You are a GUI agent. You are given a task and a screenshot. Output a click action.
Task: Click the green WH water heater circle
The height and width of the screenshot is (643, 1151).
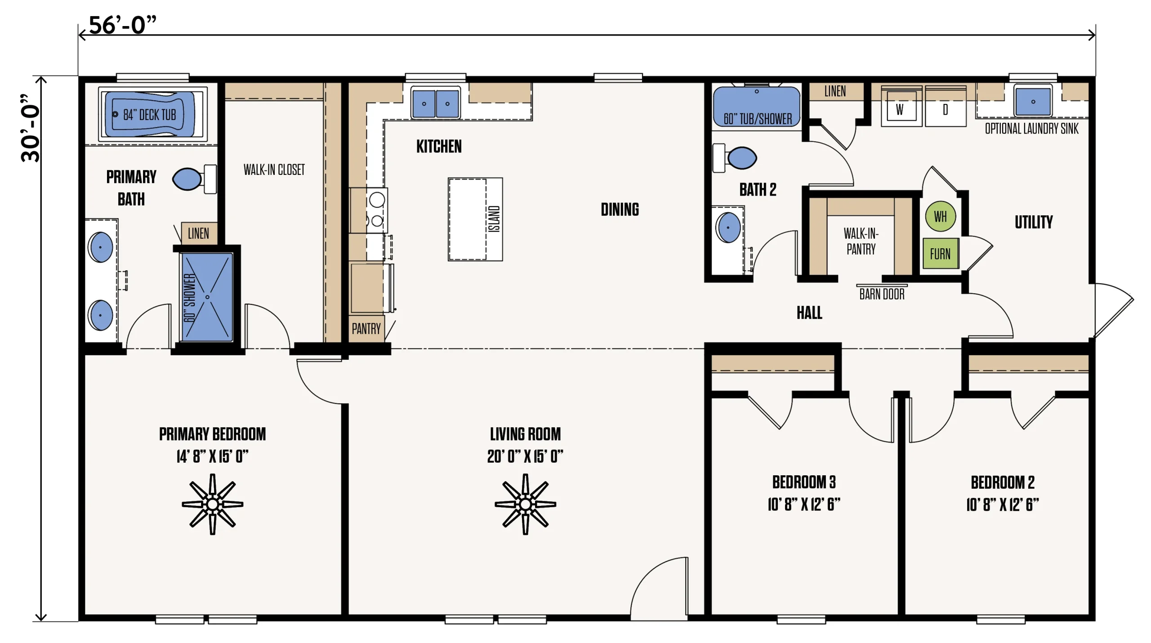point(940,216)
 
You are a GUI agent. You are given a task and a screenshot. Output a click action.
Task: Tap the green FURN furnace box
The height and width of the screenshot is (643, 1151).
point(941,254)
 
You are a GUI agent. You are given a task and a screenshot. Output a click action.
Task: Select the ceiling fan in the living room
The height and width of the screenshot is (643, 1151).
point(525,504)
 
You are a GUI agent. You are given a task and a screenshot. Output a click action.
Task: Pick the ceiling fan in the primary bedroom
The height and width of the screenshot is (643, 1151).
point(213,504)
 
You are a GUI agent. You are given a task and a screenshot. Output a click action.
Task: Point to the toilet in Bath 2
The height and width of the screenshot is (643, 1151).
point(735,158)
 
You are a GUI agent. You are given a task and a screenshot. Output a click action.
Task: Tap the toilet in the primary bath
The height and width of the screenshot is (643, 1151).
point(195,179)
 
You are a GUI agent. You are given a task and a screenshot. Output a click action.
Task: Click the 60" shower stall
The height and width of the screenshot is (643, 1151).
point(207,297)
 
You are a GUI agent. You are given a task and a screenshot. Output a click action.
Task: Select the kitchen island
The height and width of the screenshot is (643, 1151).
point(475,219)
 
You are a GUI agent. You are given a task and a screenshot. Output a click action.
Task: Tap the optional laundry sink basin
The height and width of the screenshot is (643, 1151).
point(1033,101)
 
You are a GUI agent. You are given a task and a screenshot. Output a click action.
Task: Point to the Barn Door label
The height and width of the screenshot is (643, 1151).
point(882,294)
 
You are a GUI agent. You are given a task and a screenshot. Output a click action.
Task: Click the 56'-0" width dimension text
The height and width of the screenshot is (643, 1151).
point(123,25)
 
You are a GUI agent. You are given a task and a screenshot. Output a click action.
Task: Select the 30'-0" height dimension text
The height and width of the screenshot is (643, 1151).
point(31,128)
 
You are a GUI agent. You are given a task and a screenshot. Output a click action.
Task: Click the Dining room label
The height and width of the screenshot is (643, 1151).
point(620,209)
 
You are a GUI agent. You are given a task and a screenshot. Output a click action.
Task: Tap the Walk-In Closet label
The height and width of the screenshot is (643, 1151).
point(274,170)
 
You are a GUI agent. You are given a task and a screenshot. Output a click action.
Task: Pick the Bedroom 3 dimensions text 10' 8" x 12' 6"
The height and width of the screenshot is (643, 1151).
point(804,505)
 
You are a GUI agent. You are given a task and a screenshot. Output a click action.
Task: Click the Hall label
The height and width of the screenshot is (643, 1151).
point(809,313)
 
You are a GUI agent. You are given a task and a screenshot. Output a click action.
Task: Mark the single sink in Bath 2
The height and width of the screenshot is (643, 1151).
point(728,228)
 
